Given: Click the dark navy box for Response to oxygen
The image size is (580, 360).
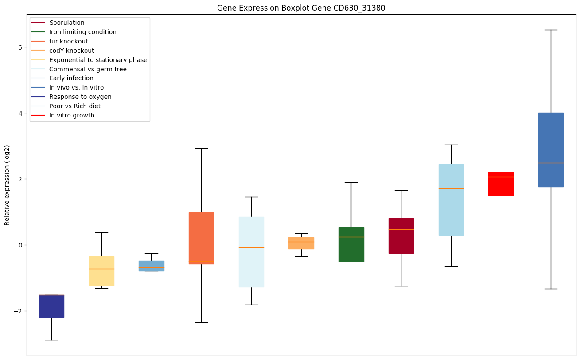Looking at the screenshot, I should coord(51,306).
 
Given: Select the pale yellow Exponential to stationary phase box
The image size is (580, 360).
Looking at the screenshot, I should coord(101,271).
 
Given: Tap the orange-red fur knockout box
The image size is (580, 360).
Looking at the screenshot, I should coord(201,238).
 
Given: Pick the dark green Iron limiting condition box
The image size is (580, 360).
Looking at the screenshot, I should coord(351,245).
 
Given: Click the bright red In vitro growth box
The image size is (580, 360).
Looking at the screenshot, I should coord(501,184).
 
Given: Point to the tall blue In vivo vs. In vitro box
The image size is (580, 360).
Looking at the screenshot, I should coord(551,149).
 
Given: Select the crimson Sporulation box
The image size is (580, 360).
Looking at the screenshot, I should coord(401,235).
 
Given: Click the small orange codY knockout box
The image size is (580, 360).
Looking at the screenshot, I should coord(301,243).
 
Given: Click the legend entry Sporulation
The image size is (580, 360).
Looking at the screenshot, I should coord(67,23).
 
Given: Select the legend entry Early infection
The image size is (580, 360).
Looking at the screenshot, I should coord(71,78).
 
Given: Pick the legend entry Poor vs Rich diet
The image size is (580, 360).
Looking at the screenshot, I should coord(75,106).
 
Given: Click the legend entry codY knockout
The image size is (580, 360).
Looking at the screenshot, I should coord(72,51).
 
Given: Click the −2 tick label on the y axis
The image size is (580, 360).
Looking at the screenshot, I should coord(19,311).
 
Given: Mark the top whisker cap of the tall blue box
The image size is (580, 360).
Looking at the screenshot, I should coord(551,30).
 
